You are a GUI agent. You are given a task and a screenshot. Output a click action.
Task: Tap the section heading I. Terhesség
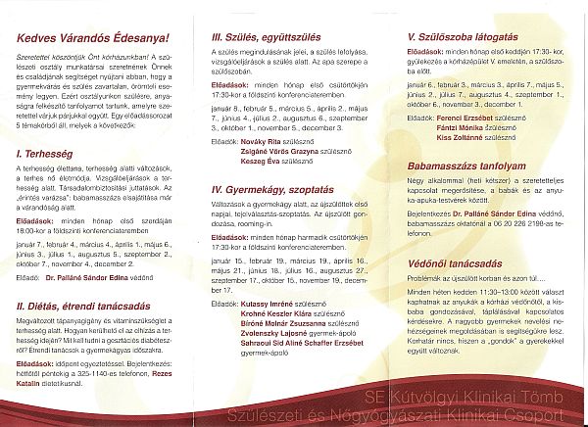[41, 154]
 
